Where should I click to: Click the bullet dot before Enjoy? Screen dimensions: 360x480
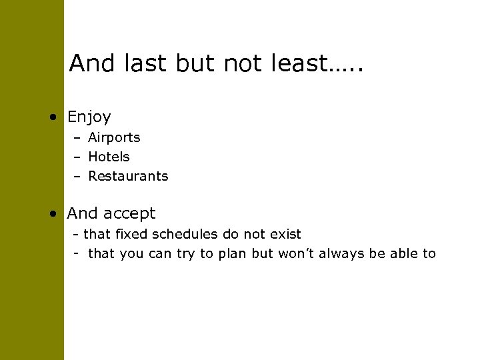(x=52, y=118)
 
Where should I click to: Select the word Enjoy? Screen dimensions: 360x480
(x=89, y=118)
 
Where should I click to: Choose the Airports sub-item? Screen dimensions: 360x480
(x=114, y=138)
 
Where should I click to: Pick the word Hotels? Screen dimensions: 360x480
(x=109, y=157)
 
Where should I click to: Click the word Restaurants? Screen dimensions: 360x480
(x=128, y=177)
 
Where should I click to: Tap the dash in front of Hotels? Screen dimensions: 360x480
(x=78, y=158)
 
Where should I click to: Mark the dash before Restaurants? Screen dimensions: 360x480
(x=78, y=177)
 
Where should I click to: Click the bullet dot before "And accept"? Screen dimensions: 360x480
(x=52, y=214)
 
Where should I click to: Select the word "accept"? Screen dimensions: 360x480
(x=129, y=214)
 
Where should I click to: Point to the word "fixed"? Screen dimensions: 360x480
(x=127, y=234)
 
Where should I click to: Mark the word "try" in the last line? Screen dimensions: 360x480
(x=190, y=254)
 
